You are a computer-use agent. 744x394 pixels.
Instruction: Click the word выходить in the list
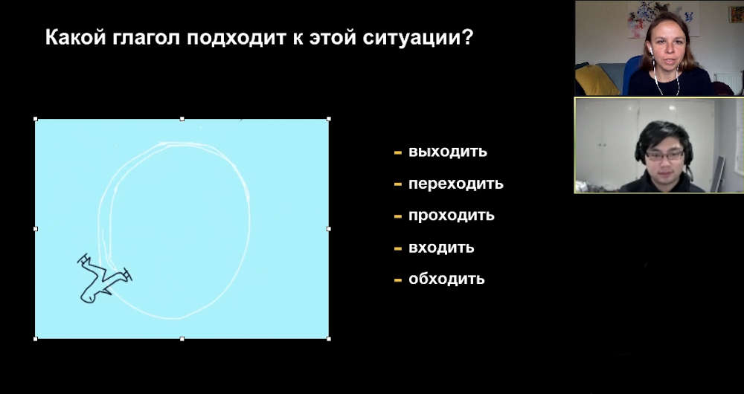pyautogui.click(x=447, y=152)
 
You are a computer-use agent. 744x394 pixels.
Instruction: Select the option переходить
pyautogui.click(x=455, y=184)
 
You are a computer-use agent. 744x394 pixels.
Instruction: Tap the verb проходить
pyautogui.click(x=452, y=216)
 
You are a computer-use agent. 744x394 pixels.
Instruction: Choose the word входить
pyautogui.click(x=441, y=248)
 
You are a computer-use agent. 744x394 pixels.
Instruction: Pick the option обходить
pyautogui.click(x=446, y=279)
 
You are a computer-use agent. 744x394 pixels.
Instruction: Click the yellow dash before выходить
pyautogui.click(x=397, y=152)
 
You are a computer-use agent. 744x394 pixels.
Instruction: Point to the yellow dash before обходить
pyautogui.click(x=397, y=280)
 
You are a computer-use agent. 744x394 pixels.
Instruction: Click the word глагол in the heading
pyautogui.click(x=146, y=38)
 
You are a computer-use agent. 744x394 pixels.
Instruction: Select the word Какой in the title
pyautogui.click(x=75, y=37)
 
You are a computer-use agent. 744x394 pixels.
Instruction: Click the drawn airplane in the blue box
pyautogui.click(x=104, y=278)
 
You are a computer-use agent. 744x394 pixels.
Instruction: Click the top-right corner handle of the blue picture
pyautogui.click(x=329, y=119)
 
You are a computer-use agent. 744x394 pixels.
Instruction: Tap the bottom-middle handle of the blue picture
pyautogui.click(x=182, y=338)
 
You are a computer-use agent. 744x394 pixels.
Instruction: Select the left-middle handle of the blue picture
pyautogui.click(x=36, y=228)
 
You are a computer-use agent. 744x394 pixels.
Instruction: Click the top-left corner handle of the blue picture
pyautogui.click(x=36, y=119)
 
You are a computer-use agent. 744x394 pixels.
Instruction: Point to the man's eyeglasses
pyautogui.click(x=664, y=155)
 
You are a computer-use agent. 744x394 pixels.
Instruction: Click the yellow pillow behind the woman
pyautogui.click(x=596, y=80)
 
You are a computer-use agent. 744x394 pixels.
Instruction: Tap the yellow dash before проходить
pyautogui.click(x=397, y=216)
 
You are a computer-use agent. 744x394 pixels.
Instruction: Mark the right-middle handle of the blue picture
pyautogui.click(x=329, y=228)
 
